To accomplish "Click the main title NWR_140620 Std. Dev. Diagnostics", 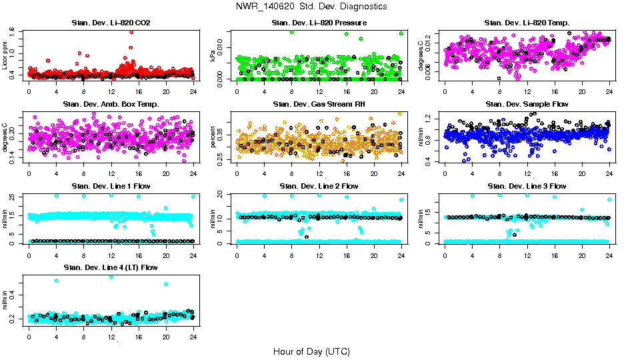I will [x=311, y=6].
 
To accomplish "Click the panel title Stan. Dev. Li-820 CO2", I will [x=111, y=23].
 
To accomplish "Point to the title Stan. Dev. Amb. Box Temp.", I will [x=111, y=105].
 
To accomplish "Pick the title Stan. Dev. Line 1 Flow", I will [x=111, y=186].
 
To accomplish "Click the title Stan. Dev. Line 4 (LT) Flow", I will [x=111, y=267].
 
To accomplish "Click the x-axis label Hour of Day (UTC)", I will [x=311, y=351].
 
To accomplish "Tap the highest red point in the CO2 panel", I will [x=131, y=31].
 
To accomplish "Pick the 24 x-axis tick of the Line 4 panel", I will [x=193, y=337].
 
